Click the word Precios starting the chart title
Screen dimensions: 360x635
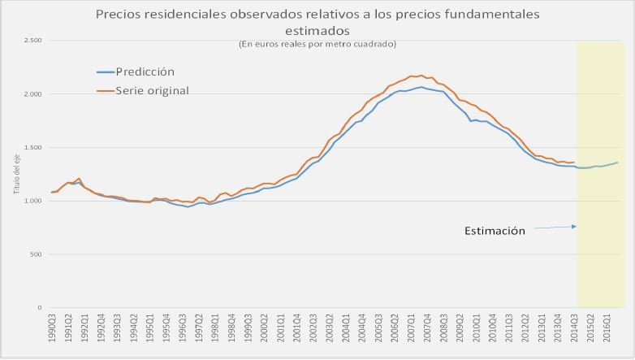(117, 15)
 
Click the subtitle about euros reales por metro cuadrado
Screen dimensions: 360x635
(317, 43)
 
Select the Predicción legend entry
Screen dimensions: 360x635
(146, 72)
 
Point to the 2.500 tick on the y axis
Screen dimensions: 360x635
(32, 41)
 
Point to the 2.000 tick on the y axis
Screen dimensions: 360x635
(32, 94)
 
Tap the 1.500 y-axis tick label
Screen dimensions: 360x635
(32, 148)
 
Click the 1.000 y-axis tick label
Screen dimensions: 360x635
(32, 201)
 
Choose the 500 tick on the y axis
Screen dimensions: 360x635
(35, 254)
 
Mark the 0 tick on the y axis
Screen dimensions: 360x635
(39, 308)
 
